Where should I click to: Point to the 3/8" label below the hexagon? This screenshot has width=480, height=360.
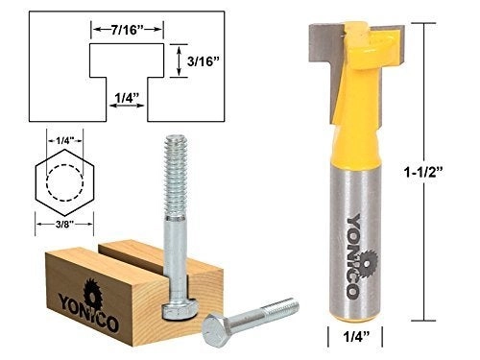[x=60, y=228]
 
